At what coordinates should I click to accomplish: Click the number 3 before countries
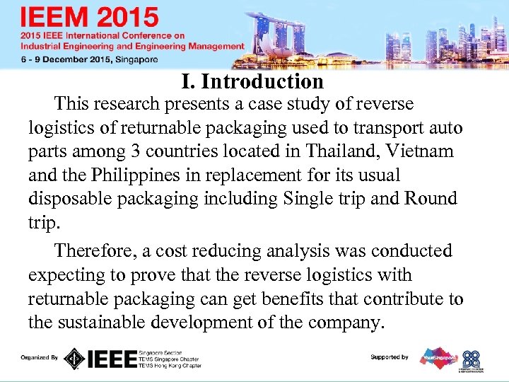[x=136, y=151]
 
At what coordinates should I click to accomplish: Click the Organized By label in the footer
[x=40, y=357]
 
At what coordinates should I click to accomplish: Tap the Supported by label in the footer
[x=390, y=357]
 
